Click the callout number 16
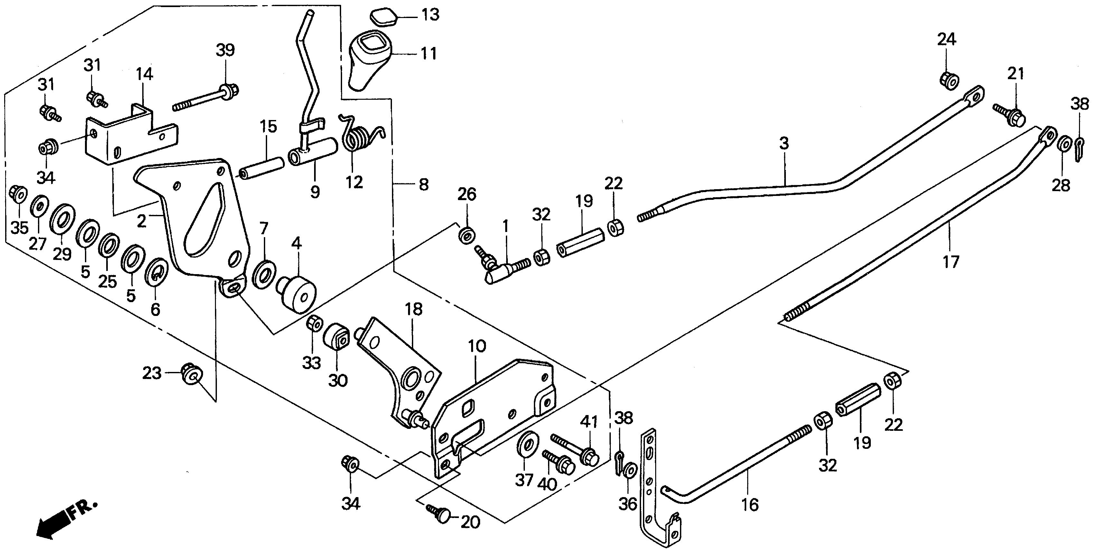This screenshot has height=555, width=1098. point(750,505)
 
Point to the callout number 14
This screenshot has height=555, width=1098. point(144,74)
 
